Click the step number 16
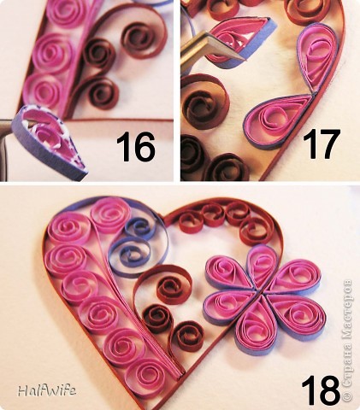(x=136, y=148)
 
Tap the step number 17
(x=322, y=144)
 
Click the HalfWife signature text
(x=47, y=390)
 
